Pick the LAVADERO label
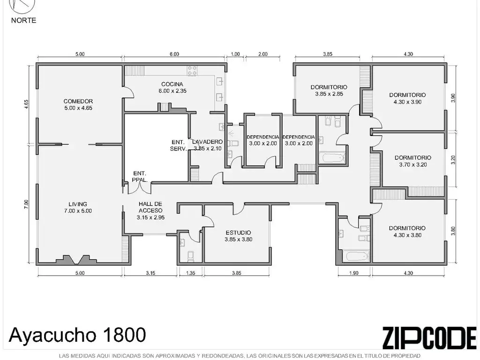pyautogui.click(x=208, y=142)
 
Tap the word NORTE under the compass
pyautogui.click(x=23, y=21)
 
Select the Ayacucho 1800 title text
pyautogui.click(x=77, y=335)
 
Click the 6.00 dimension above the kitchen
pyautogui.click(x=174, y=54)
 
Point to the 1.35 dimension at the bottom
pyautogui.click(x=190, y=273)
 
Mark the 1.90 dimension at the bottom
pyautogui.click(x=353, y=273)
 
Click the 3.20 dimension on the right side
pyautogui.click(x=453, y=159)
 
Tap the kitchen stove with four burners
pyautogui.click(x=192, y=71)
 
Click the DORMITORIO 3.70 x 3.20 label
pyautogui.click(x=413, y=161)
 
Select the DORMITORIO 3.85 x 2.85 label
pyautogui.click(x=329, y=90)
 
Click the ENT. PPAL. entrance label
pyautogui.click(x=140, y=177)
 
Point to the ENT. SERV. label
pyautogui.click(x=179, y=145)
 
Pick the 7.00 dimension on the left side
pyautogui.click(x=26, y=204)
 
